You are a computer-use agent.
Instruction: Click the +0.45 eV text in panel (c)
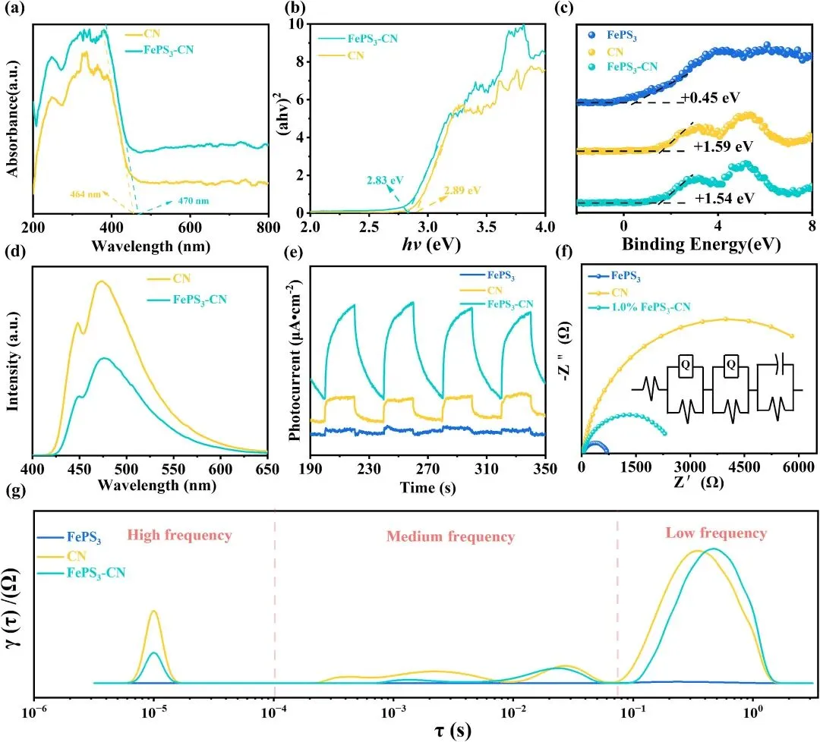pyautogui.click(x=712, y=97)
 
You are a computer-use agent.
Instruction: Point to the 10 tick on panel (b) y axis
pyautogui.click(x=301, y=24)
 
